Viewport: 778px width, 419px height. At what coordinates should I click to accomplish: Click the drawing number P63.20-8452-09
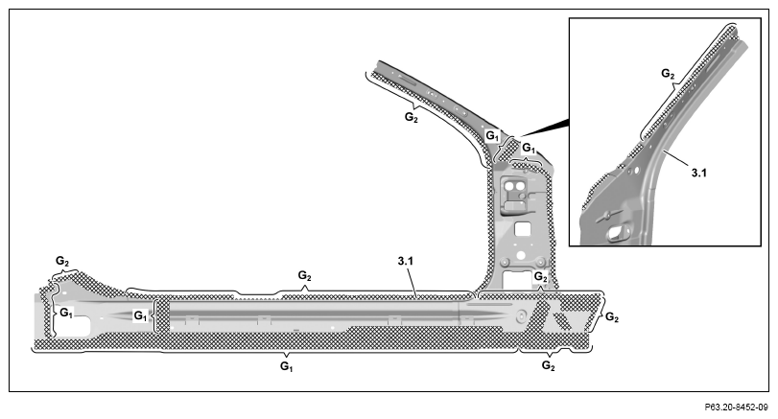click(737, 407)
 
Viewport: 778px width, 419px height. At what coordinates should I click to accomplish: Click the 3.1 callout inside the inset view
click(698, 173)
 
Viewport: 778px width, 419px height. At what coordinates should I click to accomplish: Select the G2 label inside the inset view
click(668, 74)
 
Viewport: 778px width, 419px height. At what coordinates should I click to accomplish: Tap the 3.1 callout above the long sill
click(406, 261)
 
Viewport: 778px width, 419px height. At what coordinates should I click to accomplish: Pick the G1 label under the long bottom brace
click(286, 366)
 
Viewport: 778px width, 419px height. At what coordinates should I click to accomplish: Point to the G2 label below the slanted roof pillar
click(411, 118)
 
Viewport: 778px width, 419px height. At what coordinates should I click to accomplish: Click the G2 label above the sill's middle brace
click(304, 275)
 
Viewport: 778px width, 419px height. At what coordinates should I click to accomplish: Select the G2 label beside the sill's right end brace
click(612, 317)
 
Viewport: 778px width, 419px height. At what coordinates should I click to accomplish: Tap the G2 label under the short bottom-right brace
click(548, 366)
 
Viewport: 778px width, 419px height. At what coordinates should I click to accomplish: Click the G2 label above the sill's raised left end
click(62, 261)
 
